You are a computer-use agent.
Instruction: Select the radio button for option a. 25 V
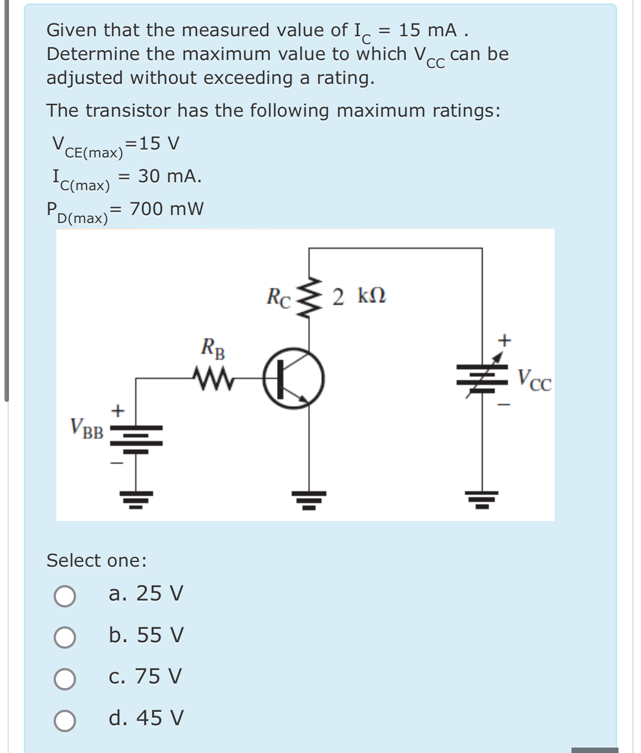[65, 596]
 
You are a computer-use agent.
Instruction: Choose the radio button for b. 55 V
[65, 637]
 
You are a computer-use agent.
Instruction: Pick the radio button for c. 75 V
[65, 679]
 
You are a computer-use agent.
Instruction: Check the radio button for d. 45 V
[65, 720]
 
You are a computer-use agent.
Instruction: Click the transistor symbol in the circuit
[293, 378]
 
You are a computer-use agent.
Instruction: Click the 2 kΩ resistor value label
[359, 297]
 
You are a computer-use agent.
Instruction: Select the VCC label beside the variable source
[535, 381]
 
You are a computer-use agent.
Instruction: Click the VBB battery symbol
[136, 439]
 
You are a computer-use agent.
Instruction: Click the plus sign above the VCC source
[504, 341]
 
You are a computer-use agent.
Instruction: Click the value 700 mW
[166, 209]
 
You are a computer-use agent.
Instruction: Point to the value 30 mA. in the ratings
[170, 176]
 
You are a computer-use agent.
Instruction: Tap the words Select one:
[97, 560]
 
